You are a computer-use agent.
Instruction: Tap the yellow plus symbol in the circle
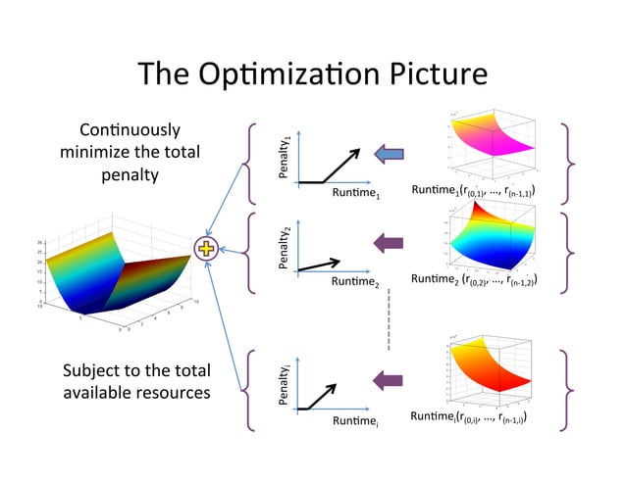[x=207, y=249]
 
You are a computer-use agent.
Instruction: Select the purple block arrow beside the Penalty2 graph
[x=390, y=242]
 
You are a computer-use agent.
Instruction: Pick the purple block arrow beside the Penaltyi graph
[x=390, y=379]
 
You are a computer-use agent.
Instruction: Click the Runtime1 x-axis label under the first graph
[x=354, y=195]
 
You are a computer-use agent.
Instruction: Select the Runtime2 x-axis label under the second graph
[x=354, y=282]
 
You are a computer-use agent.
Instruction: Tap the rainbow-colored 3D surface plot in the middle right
[x=489, y=240]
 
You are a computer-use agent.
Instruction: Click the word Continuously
[x=130, y=129]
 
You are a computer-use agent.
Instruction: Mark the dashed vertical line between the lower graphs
[x=389, y=318]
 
